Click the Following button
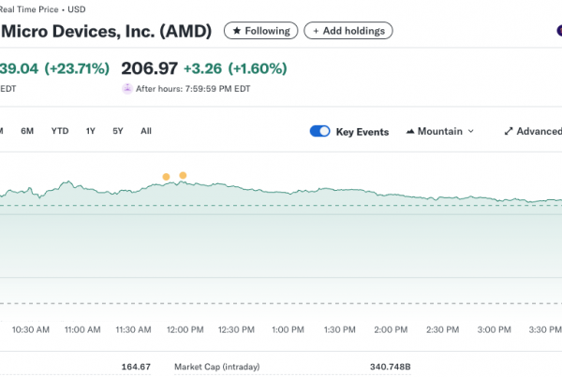point(261,31)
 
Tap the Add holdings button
point(348,31)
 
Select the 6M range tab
point(28,131)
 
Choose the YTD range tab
point(60,131)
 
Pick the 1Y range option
point(91,131)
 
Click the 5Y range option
point(118,131)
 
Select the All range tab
point(146,131)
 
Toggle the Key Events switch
point(319,132)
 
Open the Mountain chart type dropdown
point(440,132)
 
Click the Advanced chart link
point(533,132)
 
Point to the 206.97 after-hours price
point(149,68)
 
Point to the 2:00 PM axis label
point(389,330)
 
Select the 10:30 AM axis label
point(30,330)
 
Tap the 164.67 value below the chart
point(136,366)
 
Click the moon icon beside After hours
point(127,89)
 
